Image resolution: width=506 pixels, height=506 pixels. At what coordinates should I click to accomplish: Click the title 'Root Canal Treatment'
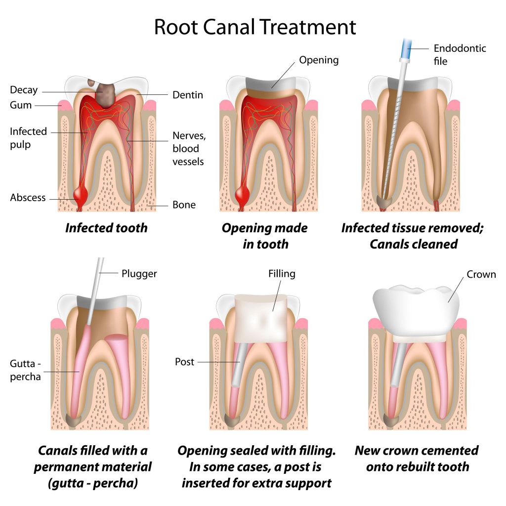pos(254,27)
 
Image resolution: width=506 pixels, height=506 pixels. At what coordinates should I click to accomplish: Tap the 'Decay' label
pos(24,90)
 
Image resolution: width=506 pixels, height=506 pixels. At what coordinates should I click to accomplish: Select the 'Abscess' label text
pos(28,198)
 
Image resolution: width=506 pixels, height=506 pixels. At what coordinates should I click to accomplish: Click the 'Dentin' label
pos(188,95)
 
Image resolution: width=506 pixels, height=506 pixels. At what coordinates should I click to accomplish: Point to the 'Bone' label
pos(184,205)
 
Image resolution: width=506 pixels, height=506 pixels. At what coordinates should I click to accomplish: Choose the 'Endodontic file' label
pos(460,55)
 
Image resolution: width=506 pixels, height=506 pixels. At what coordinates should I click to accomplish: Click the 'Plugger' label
pos(139,273)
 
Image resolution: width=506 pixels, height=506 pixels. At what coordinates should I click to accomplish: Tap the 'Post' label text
pos(185,362)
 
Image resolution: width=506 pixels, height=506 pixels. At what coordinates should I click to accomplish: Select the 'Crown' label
pos(481,275)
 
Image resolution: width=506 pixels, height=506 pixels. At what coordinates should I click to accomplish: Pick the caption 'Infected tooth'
pos(106,228)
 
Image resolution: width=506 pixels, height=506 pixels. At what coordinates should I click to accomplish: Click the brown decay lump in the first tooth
pos(103,94)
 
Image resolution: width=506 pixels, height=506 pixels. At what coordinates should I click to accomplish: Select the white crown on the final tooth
pos(416,301)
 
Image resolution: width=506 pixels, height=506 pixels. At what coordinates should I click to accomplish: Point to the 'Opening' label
pos(319,60)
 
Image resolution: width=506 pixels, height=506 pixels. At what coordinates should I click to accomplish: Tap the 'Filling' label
pos(282,273)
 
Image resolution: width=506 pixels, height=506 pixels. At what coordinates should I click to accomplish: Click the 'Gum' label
pos(21,105)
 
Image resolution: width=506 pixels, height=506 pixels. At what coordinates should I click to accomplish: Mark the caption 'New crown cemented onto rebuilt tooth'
pos(417,458)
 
